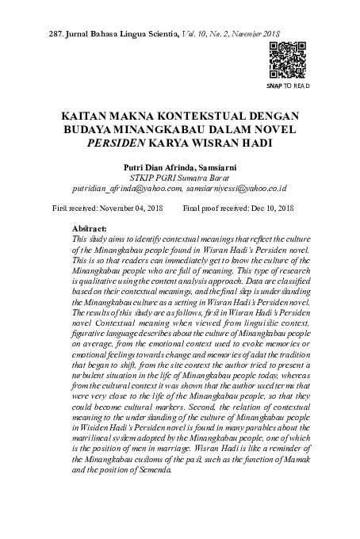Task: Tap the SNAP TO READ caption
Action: [x=287, y=85]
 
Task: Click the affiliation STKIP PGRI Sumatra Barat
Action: [x=179, y=179]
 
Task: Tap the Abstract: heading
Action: [x=89, y=228]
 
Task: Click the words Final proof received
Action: [x=214, y=208]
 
